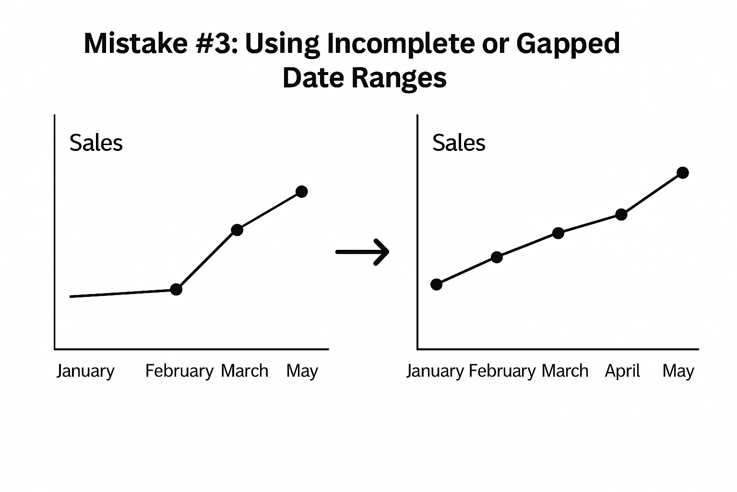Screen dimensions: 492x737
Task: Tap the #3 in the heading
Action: click(212, 43)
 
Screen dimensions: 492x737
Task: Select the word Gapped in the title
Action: click(568, 44)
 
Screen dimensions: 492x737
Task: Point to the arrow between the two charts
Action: click(362, 252)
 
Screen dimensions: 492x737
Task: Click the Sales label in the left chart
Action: click(96, 143)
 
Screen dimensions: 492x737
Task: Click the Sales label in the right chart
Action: click(459, 143)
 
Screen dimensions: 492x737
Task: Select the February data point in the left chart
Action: click(176, 289)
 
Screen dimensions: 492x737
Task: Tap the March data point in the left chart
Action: click(237, 230)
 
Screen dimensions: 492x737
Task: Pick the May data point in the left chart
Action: click(301, 192)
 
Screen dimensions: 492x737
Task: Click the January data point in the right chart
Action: click(436, 284)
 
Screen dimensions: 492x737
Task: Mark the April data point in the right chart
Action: click(621, 214)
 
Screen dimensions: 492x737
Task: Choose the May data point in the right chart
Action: click(682, 172)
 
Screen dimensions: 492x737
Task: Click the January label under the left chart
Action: click(85, 371)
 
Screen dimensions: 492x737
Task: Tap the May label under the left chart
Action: click(302, 371)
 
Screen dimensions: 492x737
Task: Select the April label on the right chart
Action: click(622, 371)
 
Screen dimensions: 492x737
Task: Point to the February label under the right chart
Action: click(502, 371)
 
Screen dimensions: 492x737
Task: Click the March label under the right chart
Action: click(565, 371)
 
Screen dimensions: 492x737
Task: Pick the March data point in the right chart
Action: click(558, 233)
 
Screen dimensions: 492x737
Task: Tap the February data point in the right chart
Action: click(497, 257)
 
